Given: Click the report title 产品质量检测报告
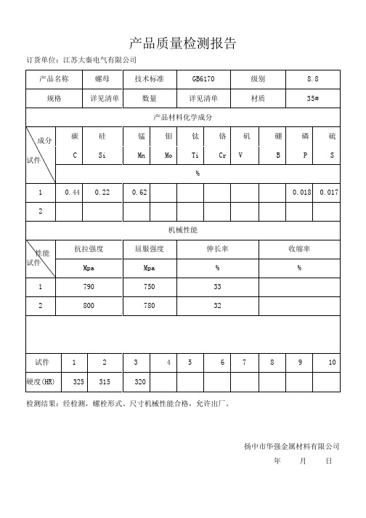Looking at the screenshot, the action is pyautogui.click(x=182, y=43).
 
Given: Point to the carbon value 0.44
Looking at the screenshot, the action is pyautogui.click(x=72, y=193).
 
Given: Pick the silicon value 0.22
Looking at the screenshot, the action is pyautogui.click(x=102, y=193).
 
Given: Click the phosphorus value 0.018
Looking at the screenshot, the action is pyautogui.click(x=301, y=193).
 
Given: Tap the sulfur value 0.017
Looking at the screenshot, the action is pyautogui.click(x=329, y=193).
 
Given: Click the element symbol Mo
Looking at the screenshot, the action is pyautogui.click(x=168, y=155).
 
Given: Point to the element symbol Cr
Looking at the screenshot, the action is pyautogui.click(x=222, y=155).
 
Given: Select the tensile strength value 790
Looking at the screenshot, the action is pyautogui.click(x=89, y=287).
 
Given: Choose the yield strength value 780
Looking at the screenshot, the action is pyautogui.click(x=150, y=306).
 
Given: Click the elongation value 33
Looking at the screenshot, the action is pyautogui.click(x=217, y=287).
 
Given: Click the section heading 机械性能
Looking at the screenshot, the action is pyautogui.click(x=182, y=230).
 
